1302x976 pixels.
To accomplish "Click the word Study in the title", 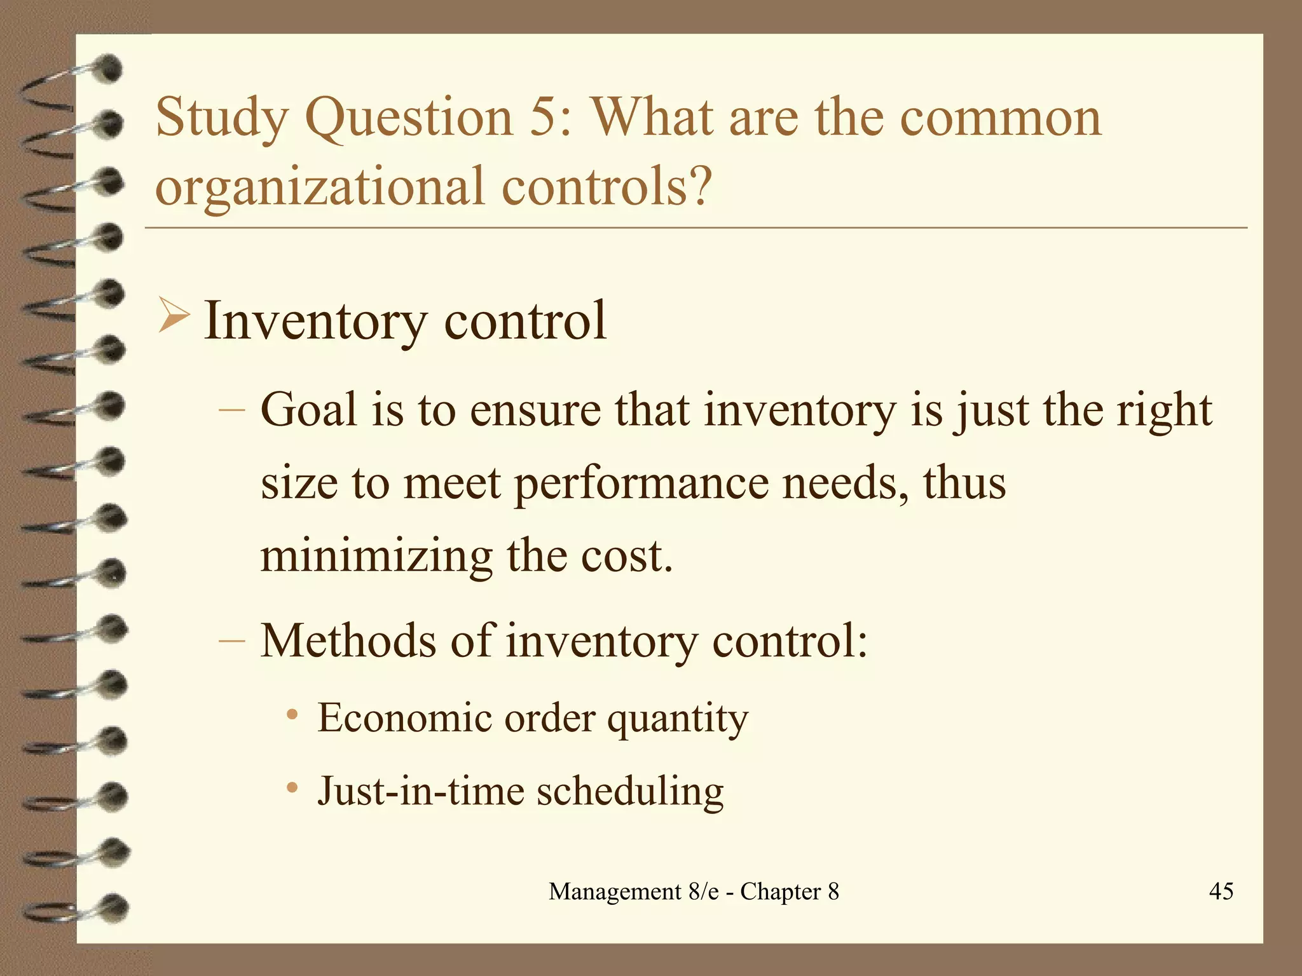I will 222,118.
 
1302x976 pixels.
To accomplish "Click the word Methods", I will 348,640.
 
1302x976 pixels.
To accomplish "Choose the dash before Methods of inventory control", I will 231,640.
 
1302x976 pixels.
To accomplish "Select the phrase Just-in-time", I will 420,791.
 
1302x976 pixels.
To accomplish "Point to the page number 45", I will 1221,891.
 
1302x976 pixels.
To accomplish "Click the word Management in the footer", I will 615,891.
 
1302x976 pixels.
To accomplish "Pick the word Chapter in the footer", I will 780,891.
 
